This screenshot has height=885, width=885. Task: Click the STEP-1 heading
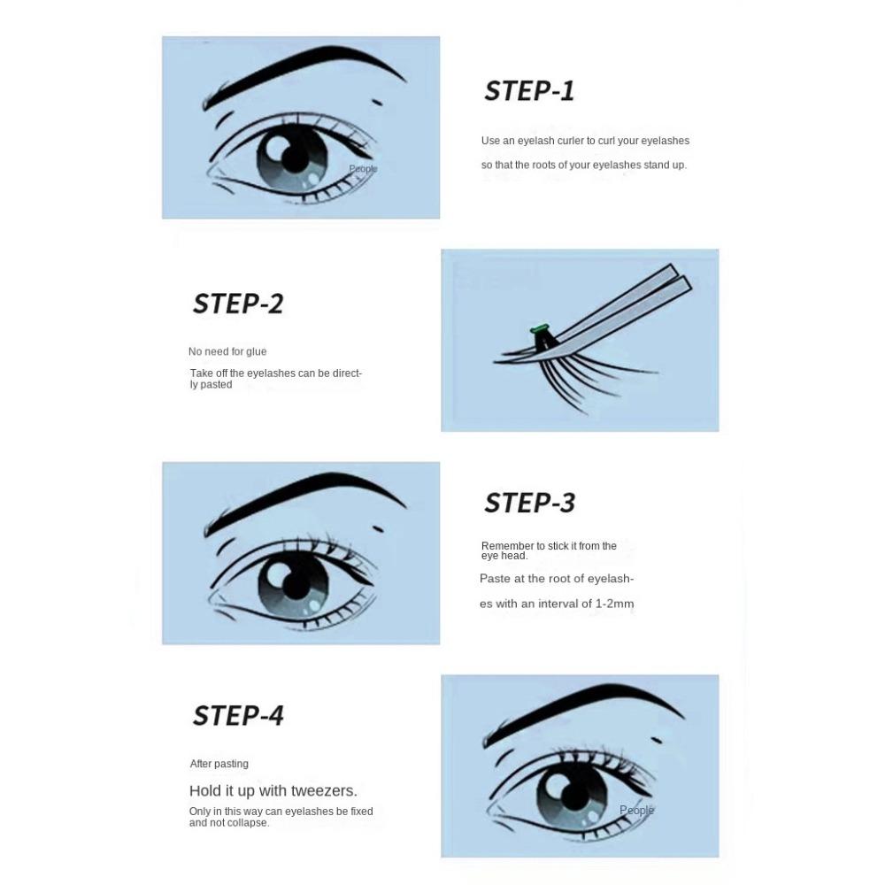529,91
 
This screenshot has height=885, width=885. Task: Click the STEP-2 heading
237,304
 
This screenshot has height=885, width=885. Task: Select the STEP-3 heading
529,503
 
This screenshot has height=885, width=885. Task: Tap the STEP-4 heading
237,716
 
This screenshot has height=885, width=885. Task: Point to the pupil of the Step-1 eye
295,158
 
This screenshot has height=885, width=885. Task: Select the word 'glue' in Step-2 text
257,351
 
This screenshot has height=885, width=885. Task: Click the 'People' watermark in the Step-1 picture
363,169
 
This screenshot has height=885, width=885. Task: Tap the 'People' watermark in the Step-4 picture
636,810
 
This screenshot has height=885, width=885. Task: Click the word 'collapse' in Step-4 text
250,823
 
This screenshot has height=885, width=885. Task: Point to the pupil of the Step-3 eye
295,585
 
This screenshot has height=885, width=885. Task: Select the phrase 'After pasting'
219,764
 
